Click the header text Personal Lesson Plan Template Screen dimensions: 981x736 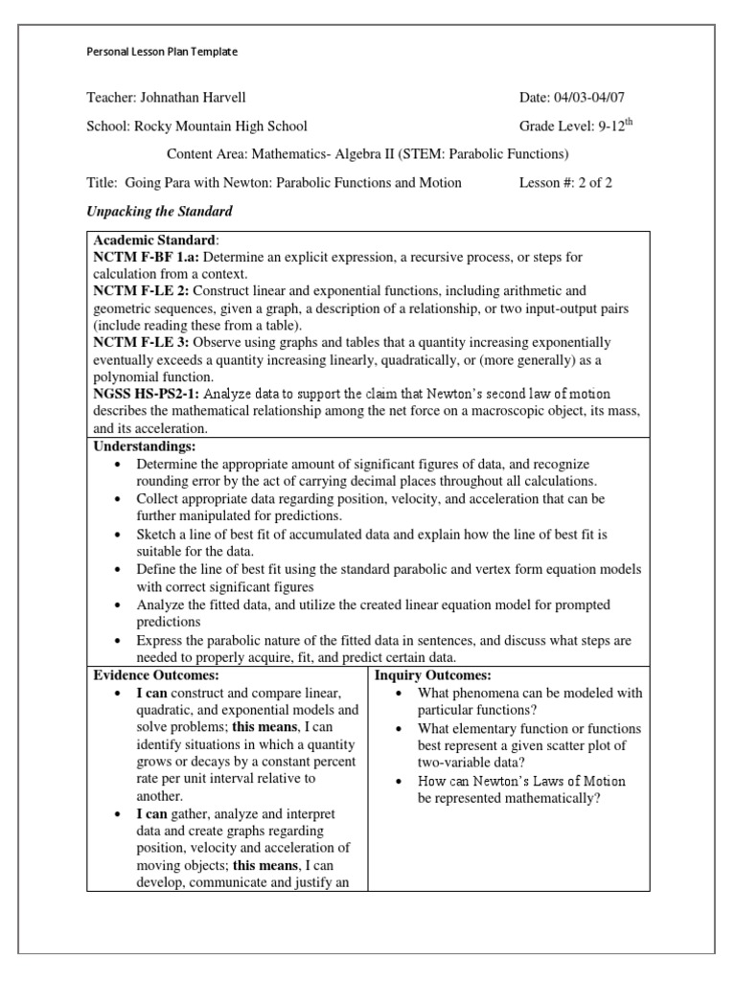pyautogui.click(x=162, y=52)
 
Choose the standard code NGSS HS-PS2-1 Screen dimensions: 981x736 pyautogui.click(x=146, y=394)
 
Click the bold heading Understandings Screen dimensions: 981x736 pyautogui.click(x=144, y=446)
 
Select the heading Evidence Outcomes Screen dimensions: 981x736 pyautogui.click(x=148, y=674)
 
